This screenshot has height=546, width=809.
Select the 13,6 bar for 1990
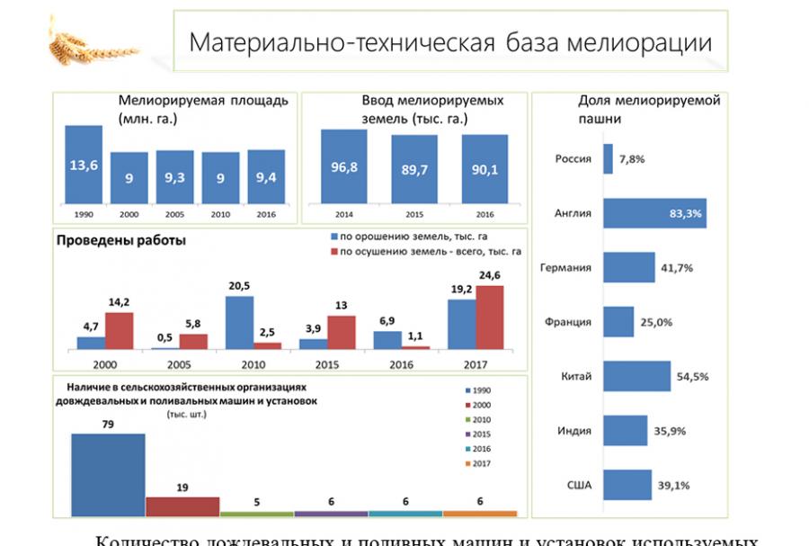pos(84,166)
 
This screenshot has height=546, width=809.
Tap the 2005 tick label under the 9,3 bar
pos(175,215)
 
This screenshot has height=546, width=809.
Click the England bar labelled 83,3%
pos(654,213)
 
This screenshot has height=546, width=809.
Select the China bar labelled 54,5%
pos(637,376)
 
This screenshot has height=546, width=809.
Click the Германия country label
pos(565,268)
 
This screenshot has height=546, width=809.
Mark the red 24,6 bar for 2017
pos(490,318)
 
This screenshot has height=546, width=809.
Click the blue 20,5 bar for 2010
pos(239,322)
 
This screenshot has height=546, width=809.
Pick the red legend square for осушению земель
pos(334,253)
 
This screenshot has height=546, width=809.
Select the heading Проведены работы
pos(121,240)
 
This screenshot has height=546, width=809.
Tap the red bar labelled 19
pos(182,506)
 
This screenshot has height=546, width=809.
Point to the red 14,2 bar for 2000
pos(119,330)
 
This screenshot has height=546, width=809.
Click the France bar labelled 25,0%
pos(619,322)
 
